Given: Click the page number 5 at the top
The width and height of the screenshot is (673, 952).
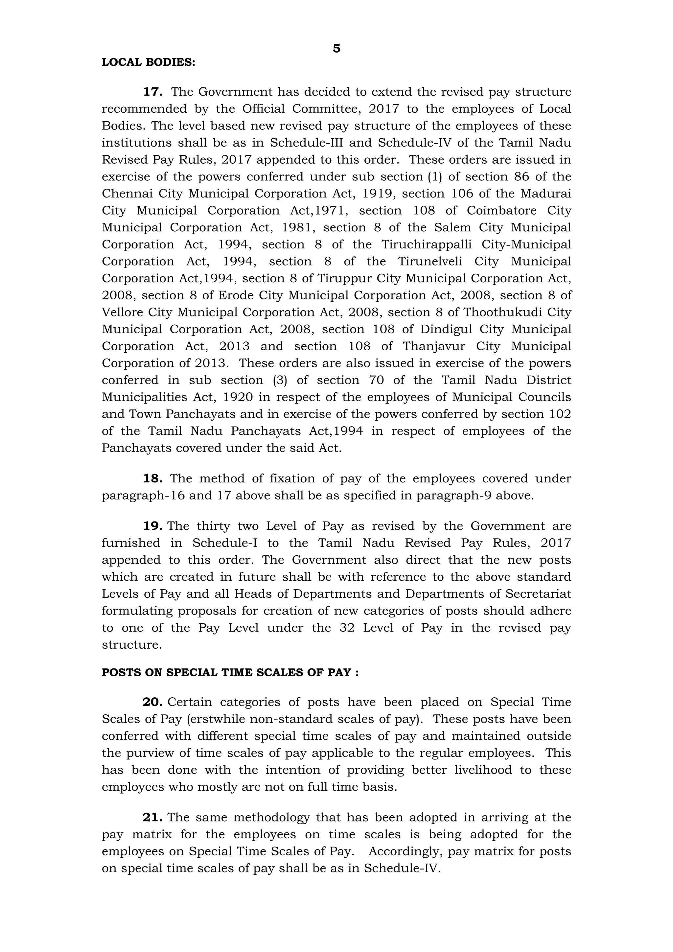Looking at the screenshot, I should point(336,49).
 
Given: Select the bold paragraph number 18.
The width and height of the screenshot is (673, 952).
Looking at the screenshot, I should point(152,478).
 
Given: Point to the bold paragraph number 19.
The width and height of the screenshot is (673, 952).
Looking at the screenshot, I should point(152,526).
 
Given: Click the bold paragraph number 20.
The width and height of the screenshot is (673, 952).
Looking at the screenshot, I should point(152,702).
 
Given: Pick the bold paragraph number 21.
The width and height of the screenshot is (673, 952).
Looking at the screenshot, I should point(152,817).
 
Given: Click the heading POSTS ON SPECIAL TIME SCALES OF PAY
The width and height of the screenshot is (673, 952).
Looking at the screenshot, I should point(230,673).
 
